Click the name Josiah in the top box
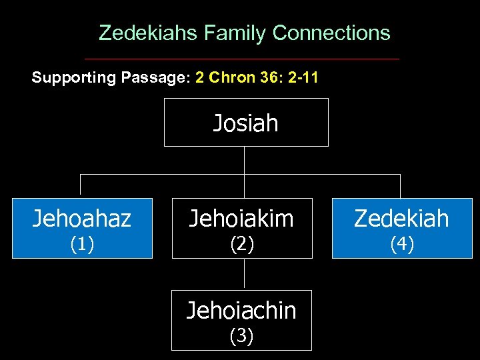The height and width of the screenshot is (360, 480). [x=245, y=123]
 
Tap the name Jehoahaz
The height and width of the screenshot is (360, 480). [x=82, y=219]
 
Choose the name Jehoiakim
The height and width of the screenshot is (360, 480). [x=241, y=219]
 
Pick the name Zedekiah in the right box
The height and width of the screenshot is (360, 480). [x=401, y=219]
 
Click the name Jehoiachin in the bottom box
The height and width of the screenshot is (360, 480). [x=241, y=310]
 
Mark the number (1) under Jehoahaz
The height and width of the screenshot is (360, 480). [x=82, y=245]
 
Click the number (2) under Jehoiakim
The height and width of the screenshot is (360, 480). [x=241, y=245]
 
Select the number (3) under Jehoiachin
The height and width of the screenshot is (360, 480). [x=241, y=337]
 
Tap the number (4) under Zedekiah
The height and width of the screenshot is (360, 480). [x=401, y=245]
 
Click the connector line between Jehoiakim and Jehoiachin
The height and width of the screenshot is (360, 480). [x=244, y=274]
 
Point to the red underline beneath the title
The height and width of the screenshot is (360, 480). [x=241, y=59]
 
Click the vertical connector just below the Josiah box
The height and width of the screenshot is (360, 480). [x=244, y=160]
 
